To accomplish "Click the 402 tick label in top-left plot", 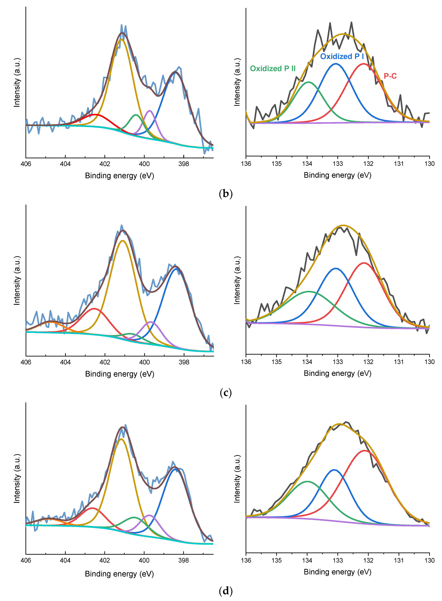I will pos(105,164).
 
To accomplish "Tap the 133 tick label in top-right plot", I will pos(338,164).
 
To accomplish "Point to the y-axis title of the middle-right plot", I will pos(237,280).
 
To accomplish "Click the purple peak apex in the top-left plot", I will pos(150,110).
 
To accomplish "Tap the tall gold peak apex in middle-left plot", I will pos(123,241).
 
